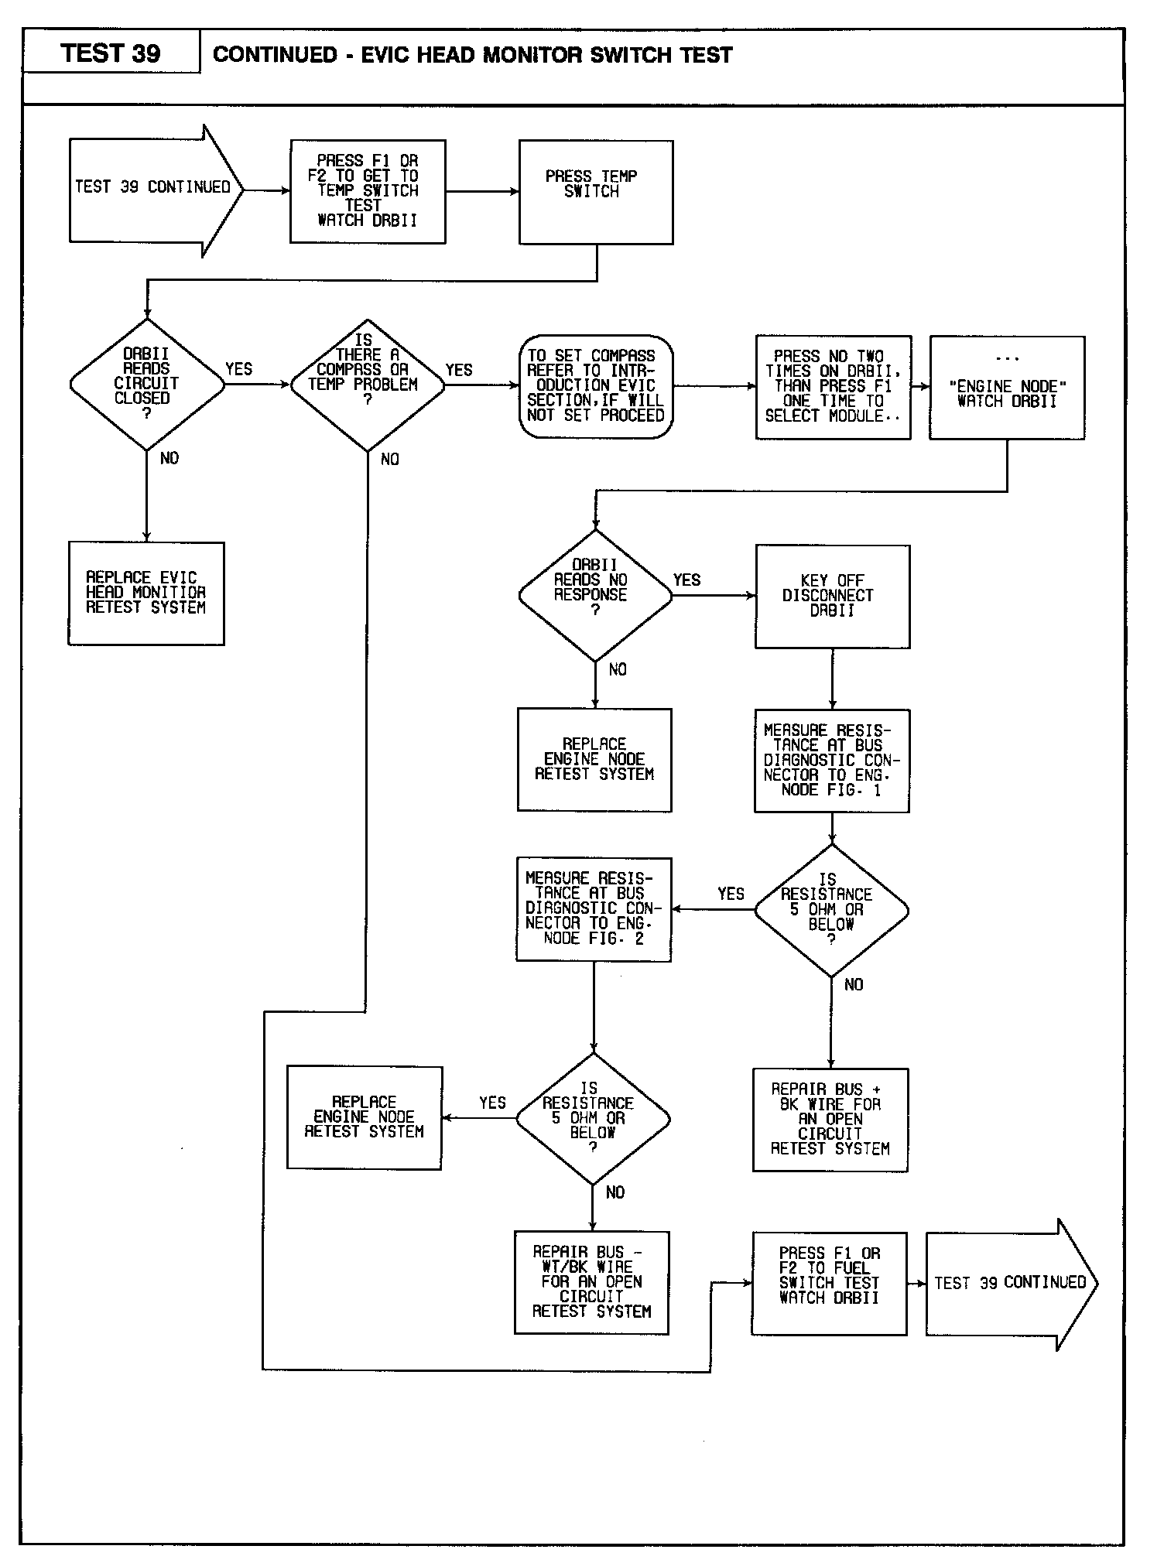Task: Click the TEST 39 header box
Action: coord(111,53)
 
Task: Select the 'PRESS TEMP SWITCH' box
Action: coord(596,192)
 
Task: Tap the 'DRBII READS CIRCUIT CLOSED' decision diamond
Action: coord(146,384)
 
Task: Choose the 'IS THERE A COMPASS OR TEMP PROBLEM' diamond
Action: coord(367,385)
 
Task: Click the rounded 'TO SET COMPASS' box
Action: coord(596,386)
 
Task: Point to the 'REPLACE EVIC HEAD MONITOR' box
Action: coord(146,593)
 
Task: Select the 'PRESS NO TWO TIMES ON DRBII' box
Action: coord(833,387)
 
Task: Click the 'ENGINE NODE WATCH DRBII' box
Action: coord(1007,388)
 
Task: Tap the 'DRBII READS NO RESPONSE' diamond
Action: coord(594,595)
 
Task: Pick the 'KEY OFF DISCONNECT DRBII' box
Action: coord(832,596)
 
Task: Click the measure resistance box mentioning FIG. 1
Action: coord(831,761)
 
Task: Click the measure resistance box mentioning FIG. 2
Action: coord(594,909)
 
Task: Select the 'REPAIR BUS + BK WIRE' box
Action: coord(830,1120)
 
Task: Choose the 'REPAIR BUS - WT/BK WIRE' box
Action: coord(591,1282)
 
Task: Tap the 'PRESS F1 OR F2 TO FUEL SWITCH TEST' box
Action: coord(829,1283)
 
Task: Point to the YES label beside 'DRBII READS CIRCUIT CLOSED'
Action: coord(238,369)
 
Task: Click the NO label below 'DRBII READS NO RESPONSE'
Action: coord(618,669)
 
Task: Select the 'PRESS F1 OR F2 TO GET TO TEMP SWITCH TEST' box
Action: coord(368,191)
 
